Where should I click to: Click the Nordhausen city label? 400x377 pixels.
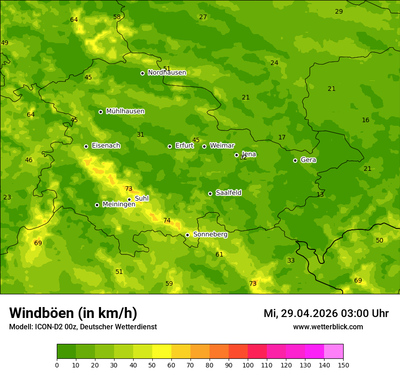(167, 73)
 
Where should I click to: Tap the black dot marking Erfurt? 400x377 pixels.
(170, 146)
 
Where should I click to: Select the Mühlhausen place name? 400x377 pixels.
(125, 111)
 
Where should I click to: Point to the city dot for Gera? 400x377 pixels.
(295, 160)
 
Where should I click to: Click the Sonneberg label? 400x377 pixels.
(210, 234)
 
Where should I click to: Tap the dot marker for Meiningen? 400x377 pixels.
(97, 205)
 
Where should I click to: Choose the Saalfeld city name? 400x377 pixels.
(228, 193)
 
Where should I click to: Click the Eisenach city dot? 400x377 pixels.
(86, 146)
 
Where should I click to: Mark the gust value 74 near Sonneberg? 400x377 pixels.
(167, 221)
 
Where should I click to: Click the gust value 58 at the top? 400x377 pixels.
(117, 17)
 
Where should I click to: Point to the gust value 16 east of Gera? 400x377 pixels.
(365, 120)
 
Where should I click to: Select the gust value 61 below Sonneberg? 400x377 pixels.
(219, 255)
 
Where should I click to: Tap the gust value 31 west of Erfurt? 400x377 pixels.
(140, 135)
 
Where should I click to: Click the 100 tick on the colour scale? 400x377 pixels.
(248, 365)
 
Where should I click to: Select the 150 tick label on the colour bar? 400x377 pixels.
(343, 365)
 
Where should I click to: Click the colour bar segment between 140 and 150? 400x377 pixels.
(334, 352)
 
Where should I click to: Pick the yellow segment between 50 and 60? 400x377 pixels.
(162, 352)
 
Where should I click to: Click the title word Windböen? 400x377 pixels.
(41, 313)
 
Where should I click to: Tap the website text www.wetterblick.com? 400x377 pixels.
(328, 327)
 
